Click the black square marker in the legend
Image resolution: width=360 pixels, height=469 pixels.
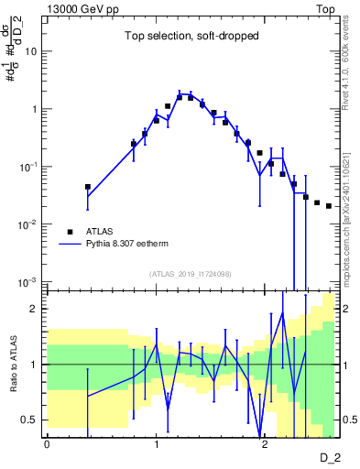pyautogui.click(x=70, y=232)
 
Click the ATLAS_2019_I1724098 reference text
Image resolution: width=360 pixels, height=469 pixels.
pyautogui.click(x=191, y=273)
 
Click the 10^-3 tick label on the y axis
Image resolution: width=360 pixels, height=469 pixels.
pyautogui.click(x=29, y=281)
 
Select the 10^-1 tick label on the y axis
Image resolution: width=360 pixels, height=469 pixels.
pyautogui.click(x=29, y=167)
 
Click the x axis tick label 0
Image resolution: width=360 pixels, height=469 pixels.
pyautogui.click(x=47, y=442)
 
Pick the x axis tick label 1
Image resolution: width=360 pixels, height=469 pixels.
pyautogui.click(x=156, y=442)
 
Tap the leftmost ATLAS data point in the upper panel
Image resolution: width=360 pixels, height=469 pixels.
pyautogui.click(x=88, y=187)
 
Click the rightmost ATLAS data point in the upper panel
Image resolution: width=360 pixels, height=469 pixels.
pyautogui.click(x=329, y=206)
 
